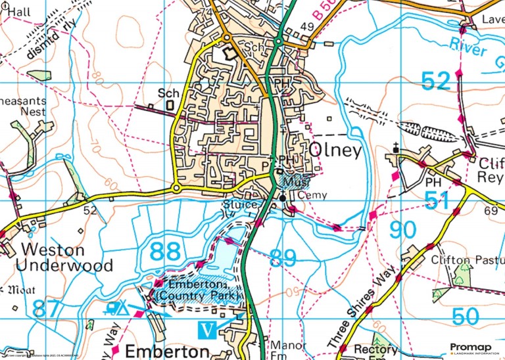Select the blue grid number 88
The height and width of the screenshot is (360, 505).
coord(164,252)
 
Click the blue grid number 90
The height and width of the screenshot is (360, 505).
coord(403,231)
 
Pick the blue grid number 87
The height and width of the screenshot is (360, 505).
coord(49,308)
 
